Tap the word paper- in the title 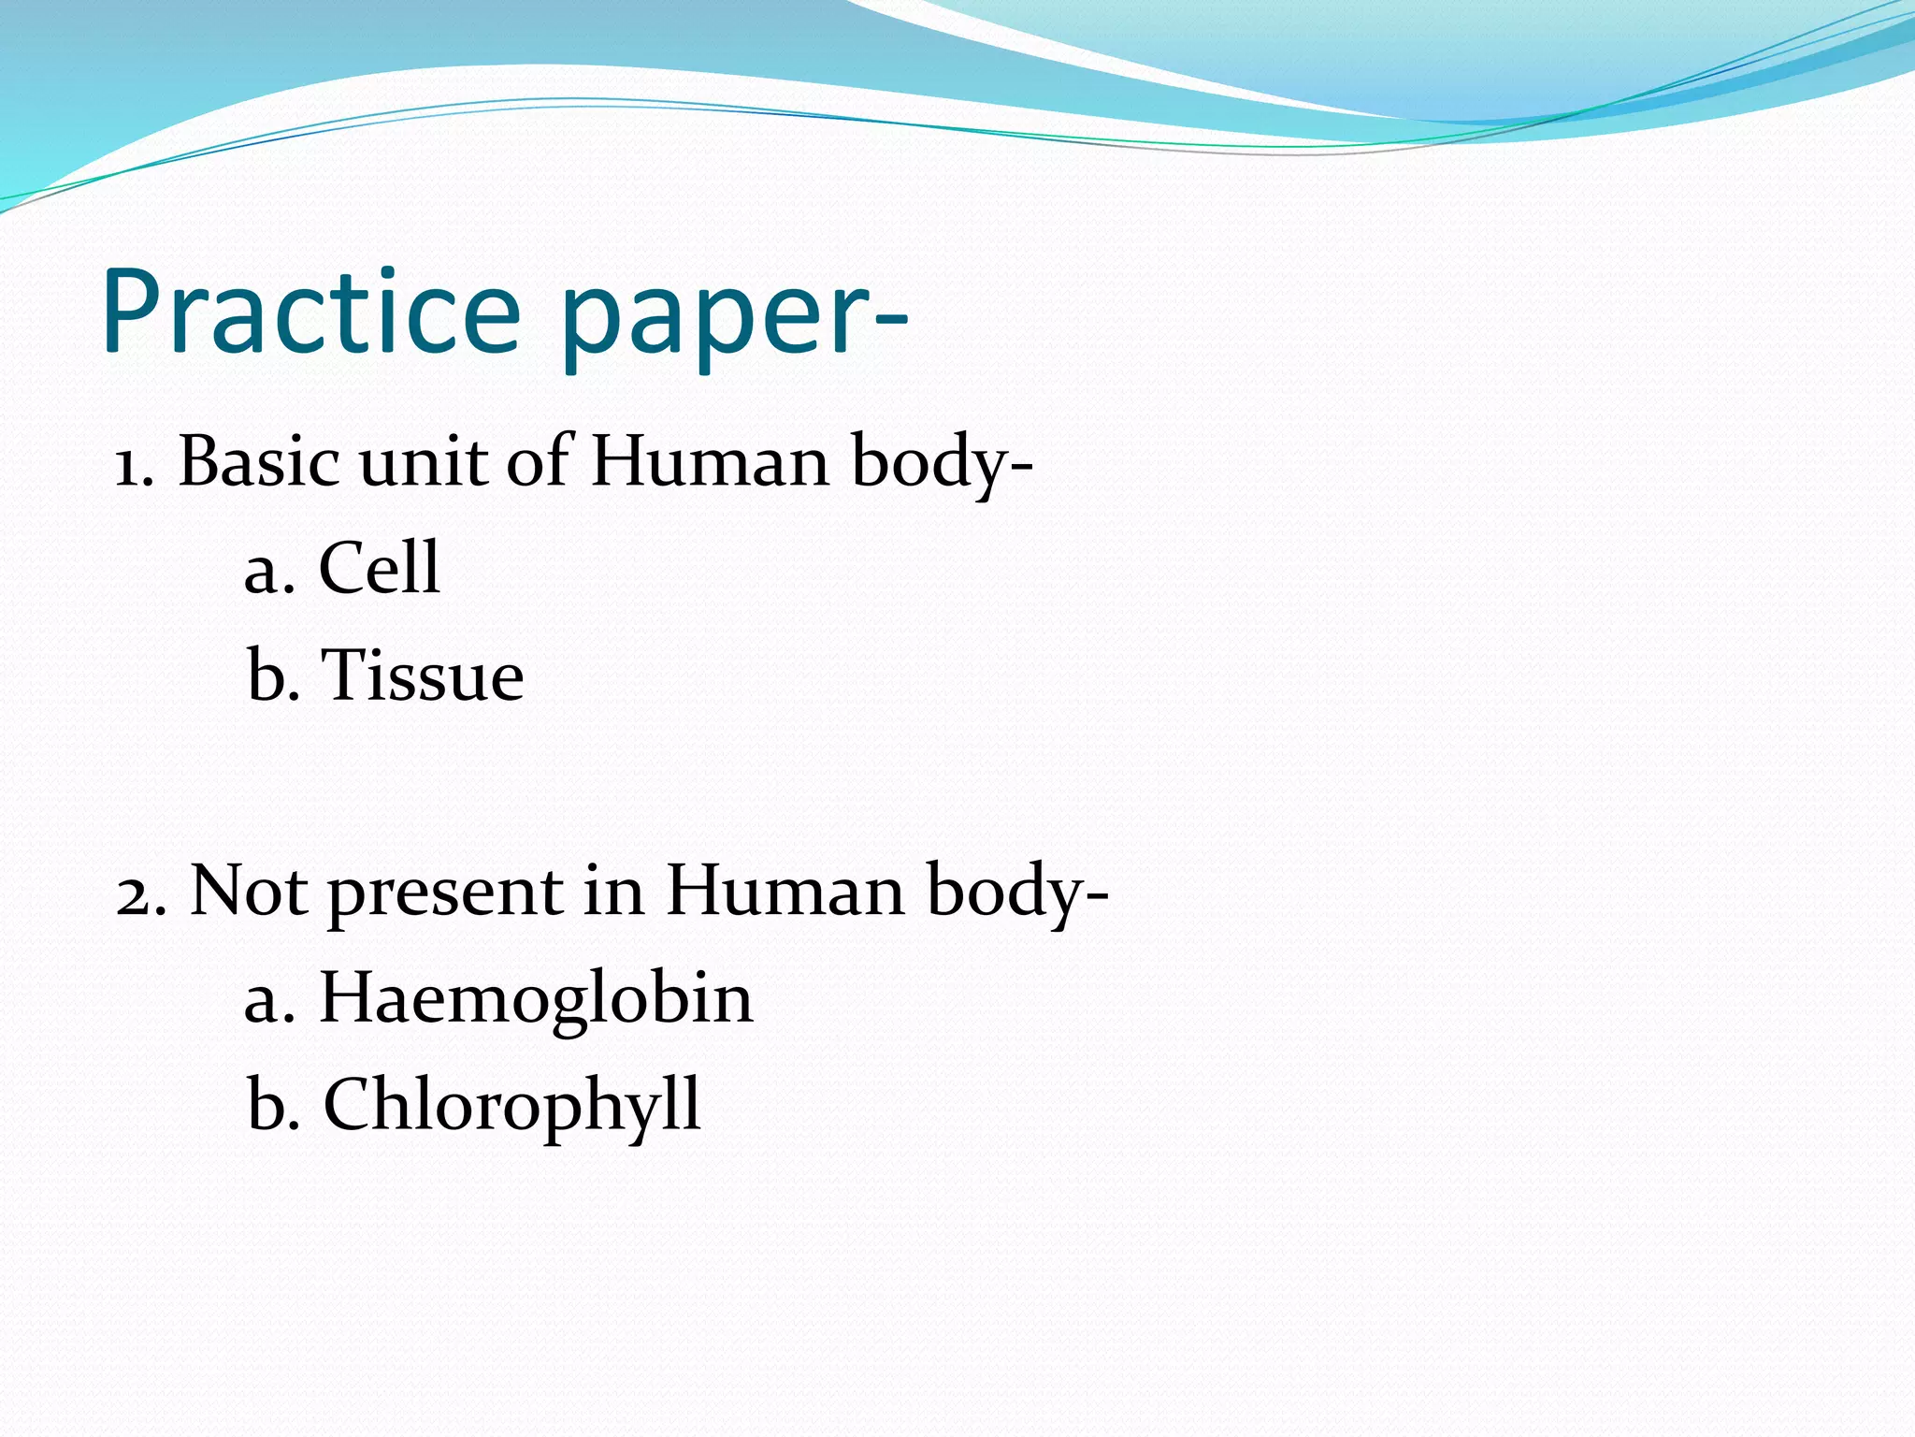(x=735, y=318)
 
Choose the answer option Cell (x=379, y=568)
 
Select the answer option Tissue (x=422, y=675)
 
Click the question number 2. (x=140, y=893)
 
